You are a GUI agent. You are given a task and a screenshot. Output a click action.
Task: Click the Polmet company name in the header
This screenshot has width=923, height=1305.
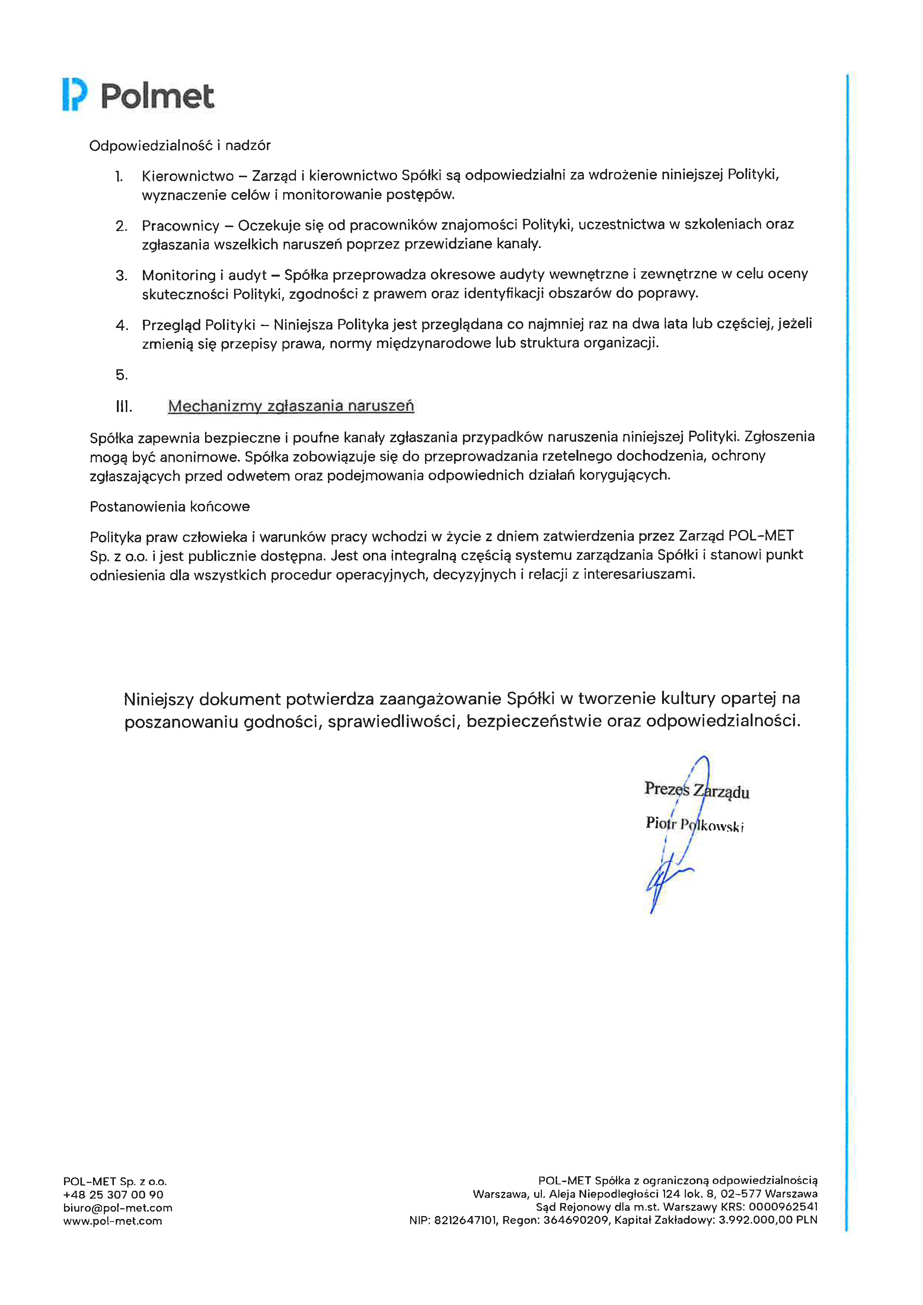pyautogui.click(x=157, y=96)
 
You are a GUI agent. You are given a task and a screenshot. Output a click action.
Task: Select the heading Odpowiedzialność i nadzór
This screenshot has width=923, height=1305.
pyautogui.click(x=180, y=146)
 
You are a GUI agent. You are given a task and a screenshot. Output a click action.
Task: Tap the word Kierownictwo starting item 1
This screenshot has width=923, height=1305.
pyautogui.click(x=188, y=176)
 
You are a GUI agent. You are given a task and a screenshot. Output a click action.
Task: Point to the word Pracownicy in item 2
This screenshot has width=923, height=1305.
pyautogui.click(x=180, y=226)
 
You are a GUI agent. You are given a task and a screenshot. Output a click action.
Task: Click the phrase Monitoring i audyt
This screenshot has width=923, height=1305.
pyautogui.click(x=204, y=275)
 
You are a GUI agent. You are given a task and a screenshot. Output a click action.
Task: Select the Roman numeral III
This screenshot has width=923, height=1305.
pyautogui.click(x=124, y=406)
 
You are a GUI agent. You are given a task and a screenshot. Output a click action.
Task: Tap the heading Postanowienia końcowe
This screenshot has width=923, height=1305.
pyautogui.click(x=169, y=507)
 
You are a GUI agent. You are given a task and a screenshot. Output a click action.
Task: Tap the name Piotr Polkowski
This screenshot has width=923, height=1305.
pyautogui.click(x=694, y=824)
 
